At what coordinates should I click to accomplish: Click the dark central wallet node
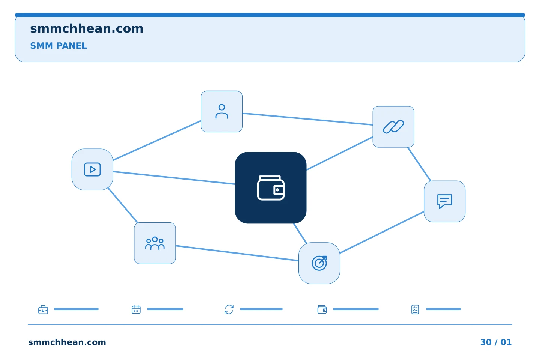(271, 188)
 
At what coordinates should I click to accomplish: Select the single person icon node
(222, 112)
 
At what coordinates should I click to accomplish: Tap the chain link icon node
(393, 127)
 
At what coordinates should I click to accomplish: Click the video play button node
(92, 169)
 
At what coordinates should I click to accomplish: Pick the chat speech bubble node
(444, 202)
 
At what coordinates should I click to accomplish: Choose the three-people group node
(155, 243)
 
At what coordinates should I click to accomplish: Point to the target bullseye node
(319, 263)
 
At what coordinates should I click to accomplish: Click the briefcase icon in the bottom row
(43, 309)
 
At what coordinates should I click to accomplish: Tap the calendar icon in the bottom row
(136, 309)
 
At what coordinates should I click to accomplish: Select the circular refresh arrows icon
(229, 309)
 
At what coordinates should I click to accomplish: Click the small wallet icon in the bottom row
(322, 309)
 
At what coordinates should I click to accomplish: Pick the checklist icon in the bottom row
(415, 309)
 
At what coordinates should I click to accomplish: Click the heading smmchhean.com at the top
(87, 29)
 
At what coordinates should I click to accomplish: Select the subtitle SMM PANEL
(58, 46)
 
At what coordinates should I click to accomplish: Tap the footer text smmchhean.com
(67, 342)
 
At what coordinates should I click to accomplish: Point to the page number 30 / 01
(496, 342)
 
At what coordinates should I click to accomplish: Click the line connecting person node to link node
(307, 119)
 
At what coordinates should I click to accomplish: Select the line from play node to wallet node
(174, 178)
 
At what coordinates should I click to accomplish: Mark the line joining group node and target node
(237, 253)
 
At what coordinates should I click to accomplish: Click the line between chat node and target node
(382, 232)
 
